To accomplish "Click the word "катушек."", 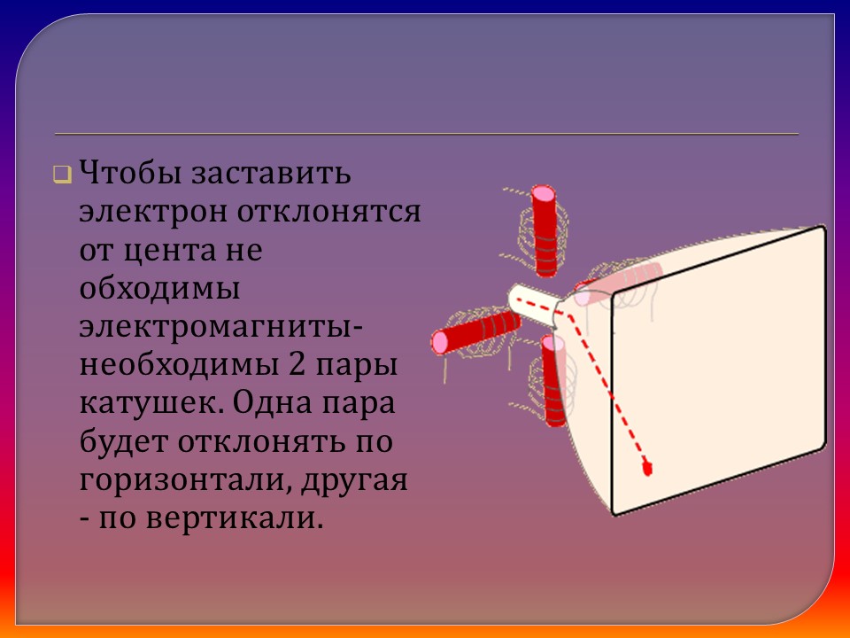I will coord(151,403).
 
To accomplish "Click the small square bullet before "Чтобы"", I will coord(62,174).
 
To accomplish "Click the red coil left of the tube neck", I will coord(475,331).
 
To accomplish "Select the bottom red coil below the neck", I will coord(553,381).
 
